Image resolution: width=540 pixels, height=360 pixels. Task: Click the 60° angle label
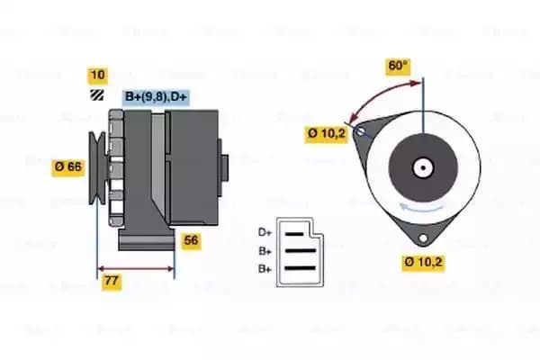(397, 65)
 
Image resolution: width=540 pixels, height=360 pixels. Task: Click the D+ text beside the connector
(264, 233)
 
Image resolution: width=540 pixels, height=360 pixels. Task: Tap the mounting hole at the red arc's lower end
(361, 132)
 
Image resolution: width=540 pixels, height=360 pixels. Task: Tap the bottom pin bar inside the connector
(299, 266)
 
